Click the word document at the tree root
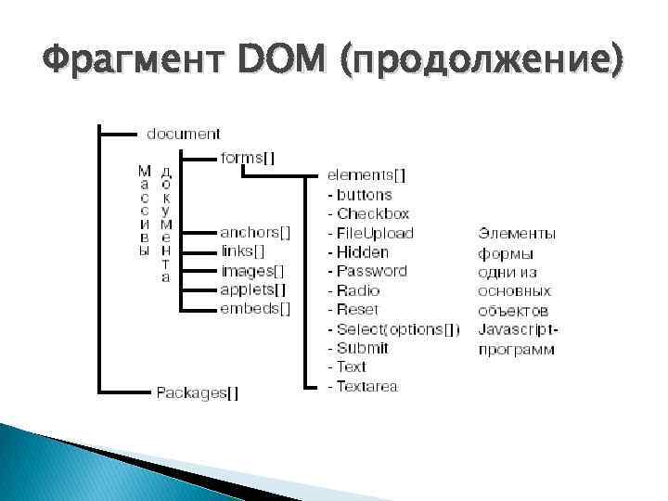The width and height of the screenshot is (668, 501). (x=183, y=134)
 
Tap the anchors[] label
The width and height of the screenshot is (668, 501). (x=255, y=232)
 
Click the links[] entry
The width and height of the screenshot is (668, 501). (x=243, y=251)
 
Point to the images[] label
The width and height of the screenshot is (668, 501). (x=252, y=271)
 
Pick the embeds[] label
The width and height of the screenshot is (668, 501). (x=255, y=308)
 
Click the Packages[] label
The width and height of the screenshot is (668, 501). (x=197, y=392)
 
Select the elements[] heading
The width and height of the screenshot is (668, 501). (x=366, y=175)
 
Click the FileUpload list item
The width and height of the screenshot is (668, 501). (x=375, y=233)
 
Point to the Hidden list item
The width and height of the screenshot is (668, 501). (x=363, y=251)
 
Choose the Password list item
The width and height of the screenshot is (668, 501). (x=371, y=271)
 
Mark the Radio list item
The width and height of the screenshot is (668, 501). (x=358, y=290)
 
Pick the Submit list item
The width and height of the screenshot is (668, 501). (x=362, y=348)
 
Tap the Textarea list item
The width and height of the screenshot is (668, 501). (x=367, y=386)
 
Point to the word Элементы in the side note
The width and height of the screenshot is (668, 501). (x=517, y=233)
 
